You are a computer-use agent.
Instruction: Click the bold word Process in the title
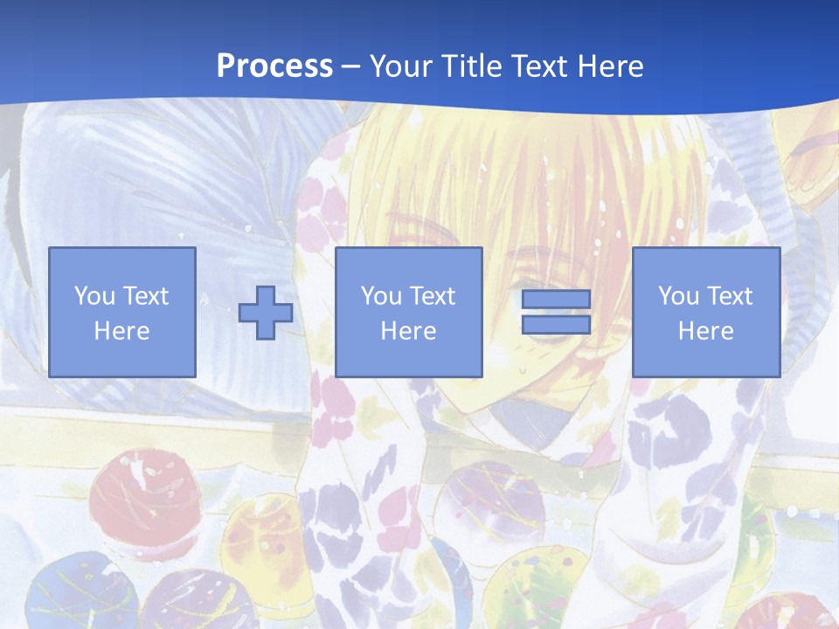coord(274,66)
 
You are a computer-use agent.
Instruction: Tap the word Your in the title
coord(400,66)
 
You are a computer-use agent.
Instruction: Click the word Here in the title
coord(612,66)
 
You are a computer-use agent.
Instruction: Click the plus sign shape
coord(266,312)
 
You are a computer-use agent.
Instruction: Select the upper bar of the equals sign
coord(556,300)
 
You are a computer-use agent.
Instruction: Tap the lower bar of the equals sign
coord(556,325)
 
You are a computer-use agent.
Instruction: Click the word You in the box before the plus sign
coord(93,296)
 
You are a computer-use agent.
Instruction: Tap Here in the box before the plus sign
coord(121,331)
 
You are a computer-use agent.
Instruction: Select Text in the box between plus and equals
coord(433,296)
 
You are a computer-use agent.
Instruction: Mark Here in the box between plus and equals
coord(408,331)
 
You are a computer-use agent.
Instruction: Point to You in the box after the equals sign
coord(678,296)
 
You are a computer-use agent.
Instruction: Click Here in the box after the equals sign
coord(705,331)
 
